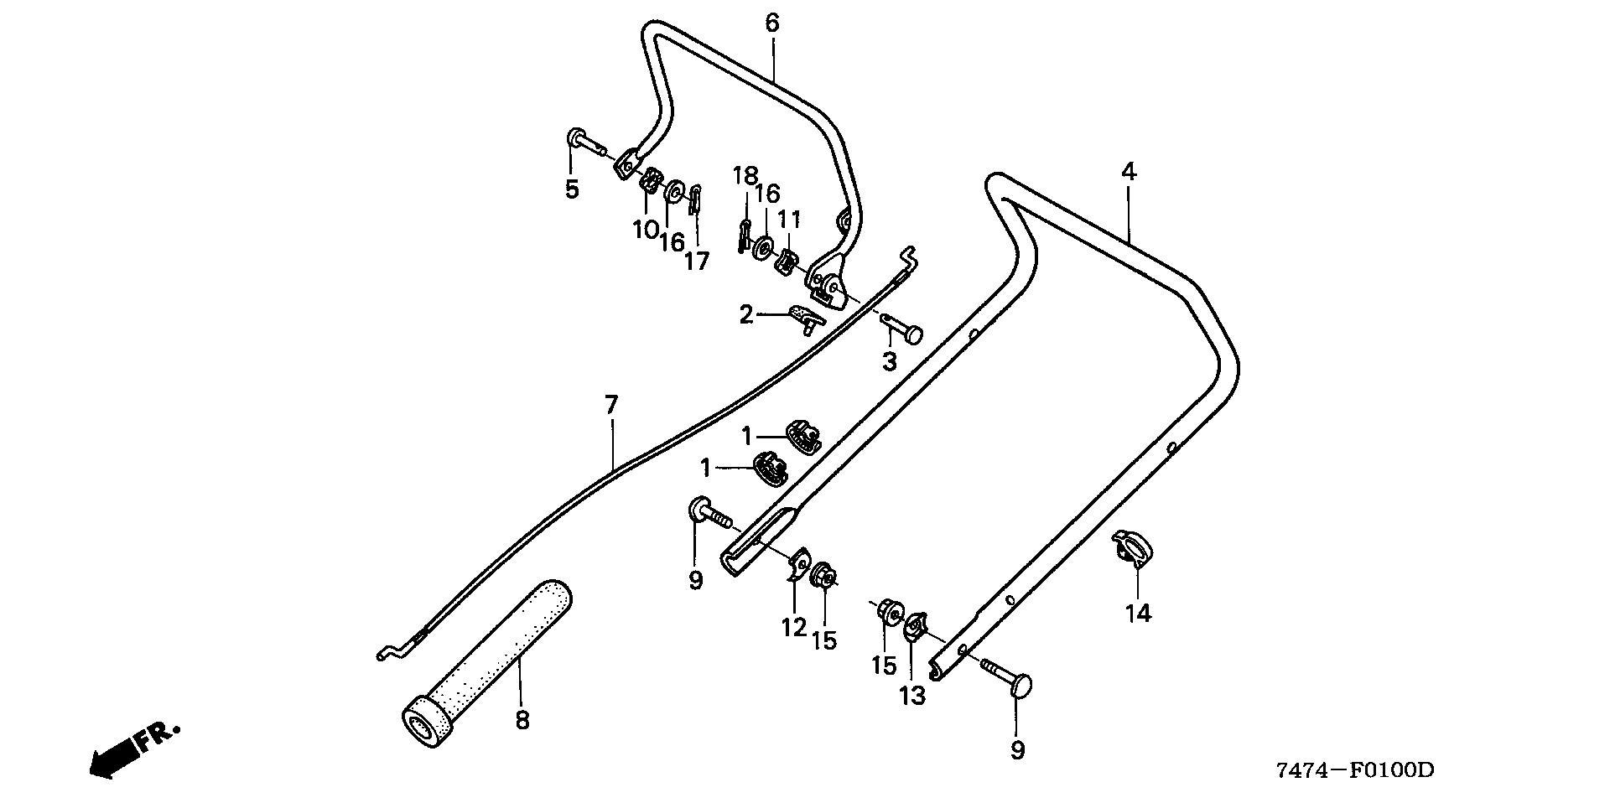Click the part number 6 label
pos(771,23)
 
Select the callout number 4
pos(1129,172)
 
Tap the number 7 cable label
pos(610,406)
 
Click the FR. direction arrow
pos(132,749)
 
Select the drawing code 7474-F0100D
pos(1356,769)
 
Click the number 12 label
pos(793,627)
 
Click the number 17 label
pos(696,262)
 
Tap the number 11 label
pos(789,220)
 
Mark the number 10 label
pos(645,229)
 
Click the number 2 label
pos(746,316)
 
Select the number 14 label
pos(1138,614)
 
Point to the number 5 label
pos(571,189)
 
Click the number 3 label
pos(889,362)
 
